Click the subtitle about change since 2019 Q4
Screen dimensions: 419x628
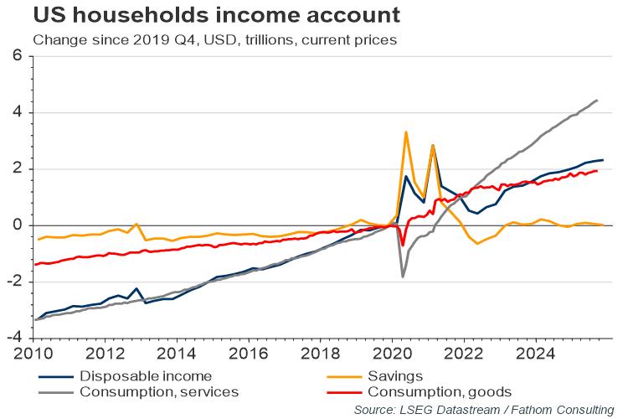213,39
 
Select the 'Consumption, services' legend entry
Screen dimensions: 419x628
158,391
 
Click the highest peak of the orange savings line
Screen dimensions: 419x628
405,132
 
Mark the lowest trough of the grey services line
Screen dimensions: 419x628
403,277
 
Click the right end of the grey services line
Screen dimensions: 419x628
596,101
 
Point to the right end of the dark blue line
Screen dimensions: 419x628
603,159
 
